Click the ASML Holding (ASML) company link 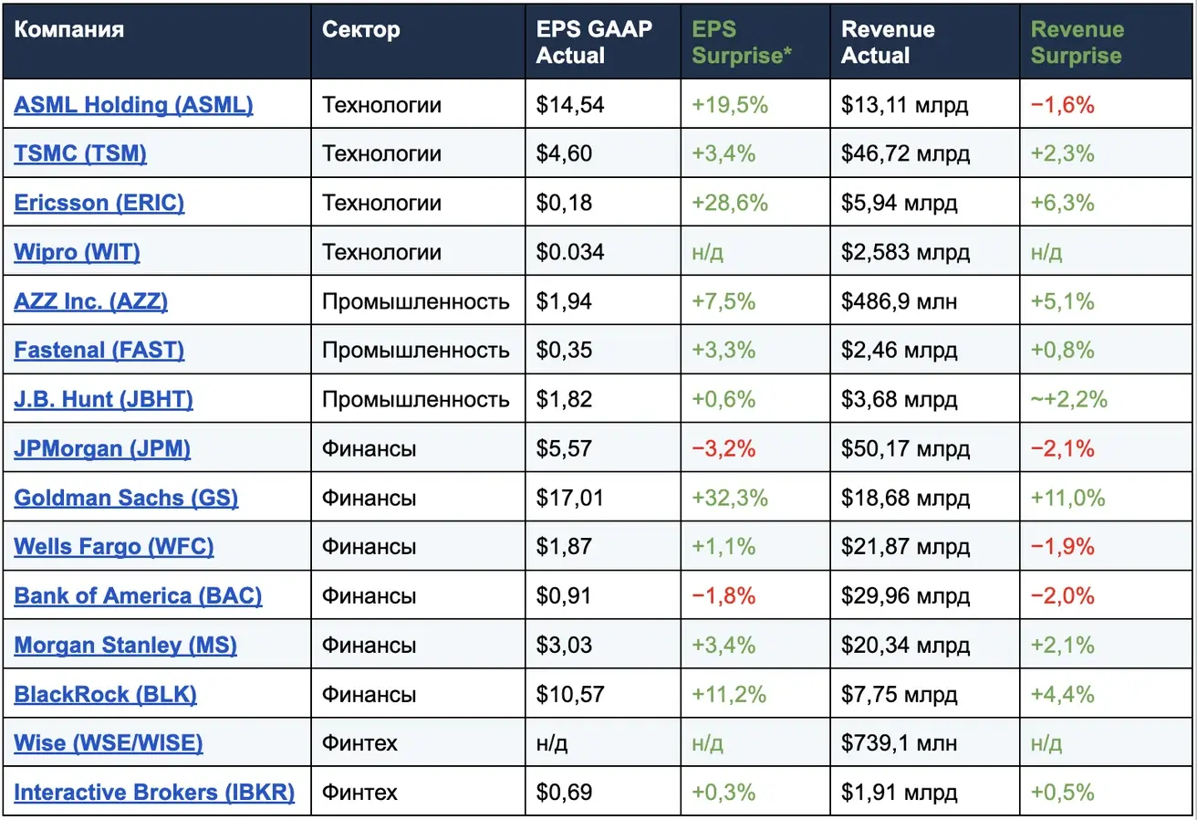click(133, 105)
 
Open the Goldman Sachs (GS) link click(126, 498)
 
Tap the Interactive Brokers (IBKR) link click(154, 793)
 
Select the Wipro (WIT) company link click(77, 252)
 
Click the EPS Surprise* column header click(741, 42)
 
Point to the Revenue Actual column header click(888, 42)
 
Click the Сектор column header click(360, 29)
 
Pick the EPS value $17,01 click(569, 498)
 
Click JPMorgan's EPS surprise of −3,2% click(723, 448)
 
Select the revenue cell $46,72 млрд click(905, 154)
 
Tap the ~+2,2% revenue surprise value click(1068, 400)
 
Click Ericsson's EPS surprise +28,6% click(730, 204)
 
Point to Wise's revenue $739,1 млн click(899, 743)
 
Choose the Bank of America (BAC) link click(138, 596)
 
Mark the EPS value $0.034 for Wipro click(569, 252)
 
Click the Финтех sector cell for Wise click(359, 743)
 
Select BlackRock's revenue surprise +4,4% click(1062, 694)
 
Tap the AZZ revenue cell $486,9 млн click(899, 301)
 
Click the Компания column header click(69, 29)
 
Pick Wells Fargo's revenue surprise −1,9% click(1062, 547)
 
